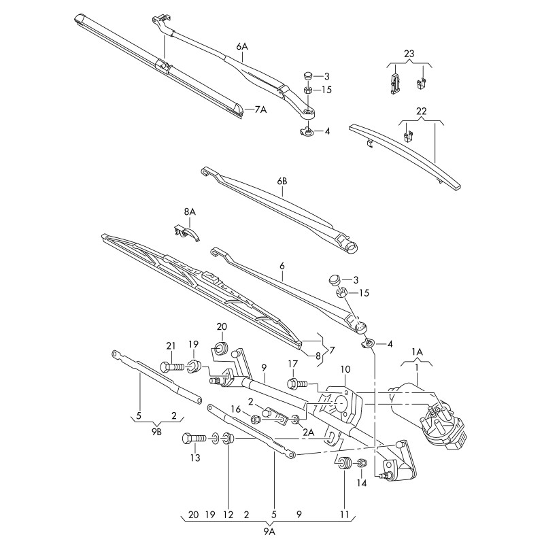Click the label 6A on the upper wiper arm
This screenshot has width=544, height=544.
tap(242, 46)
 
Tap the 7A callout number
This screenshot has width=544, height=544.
tap(260, 109)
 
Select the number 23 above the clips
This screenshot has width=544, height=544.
tap(408, 54)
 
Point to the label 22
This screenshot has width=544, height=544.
tap(421, 112)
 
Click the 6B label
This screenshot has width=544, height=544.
tap(282, 182)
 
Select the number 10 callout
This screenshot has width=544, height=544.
tap(345, 369)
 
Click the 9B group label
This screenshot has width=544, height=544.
tap(156, 431)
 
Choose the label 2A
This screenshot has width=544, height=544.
tap(309, 432)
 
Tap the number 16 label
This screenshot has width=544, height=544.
tap(236, 409)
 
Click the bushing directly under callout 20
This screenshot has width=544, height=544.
tap(220, 350)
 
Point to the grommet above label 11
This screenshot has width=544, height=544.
tap(344, 466)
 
